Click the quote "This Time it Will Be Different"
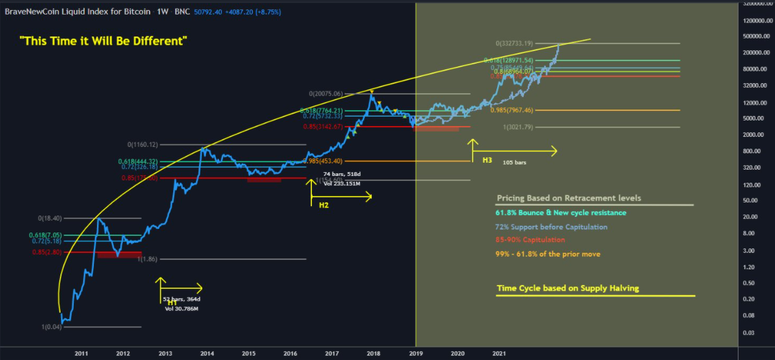[x=103, y=41]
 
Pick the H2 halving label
[x=324, y=205]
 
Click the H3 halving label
[x=487, y=161]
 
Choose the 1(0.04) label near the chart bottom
[x=52, y=327]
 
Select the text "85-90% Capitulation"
[x=531, y=240]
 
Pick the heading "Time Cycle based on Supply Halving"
[x=568, y=288]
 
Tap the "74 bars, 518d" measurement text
[x=342, y=173]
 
